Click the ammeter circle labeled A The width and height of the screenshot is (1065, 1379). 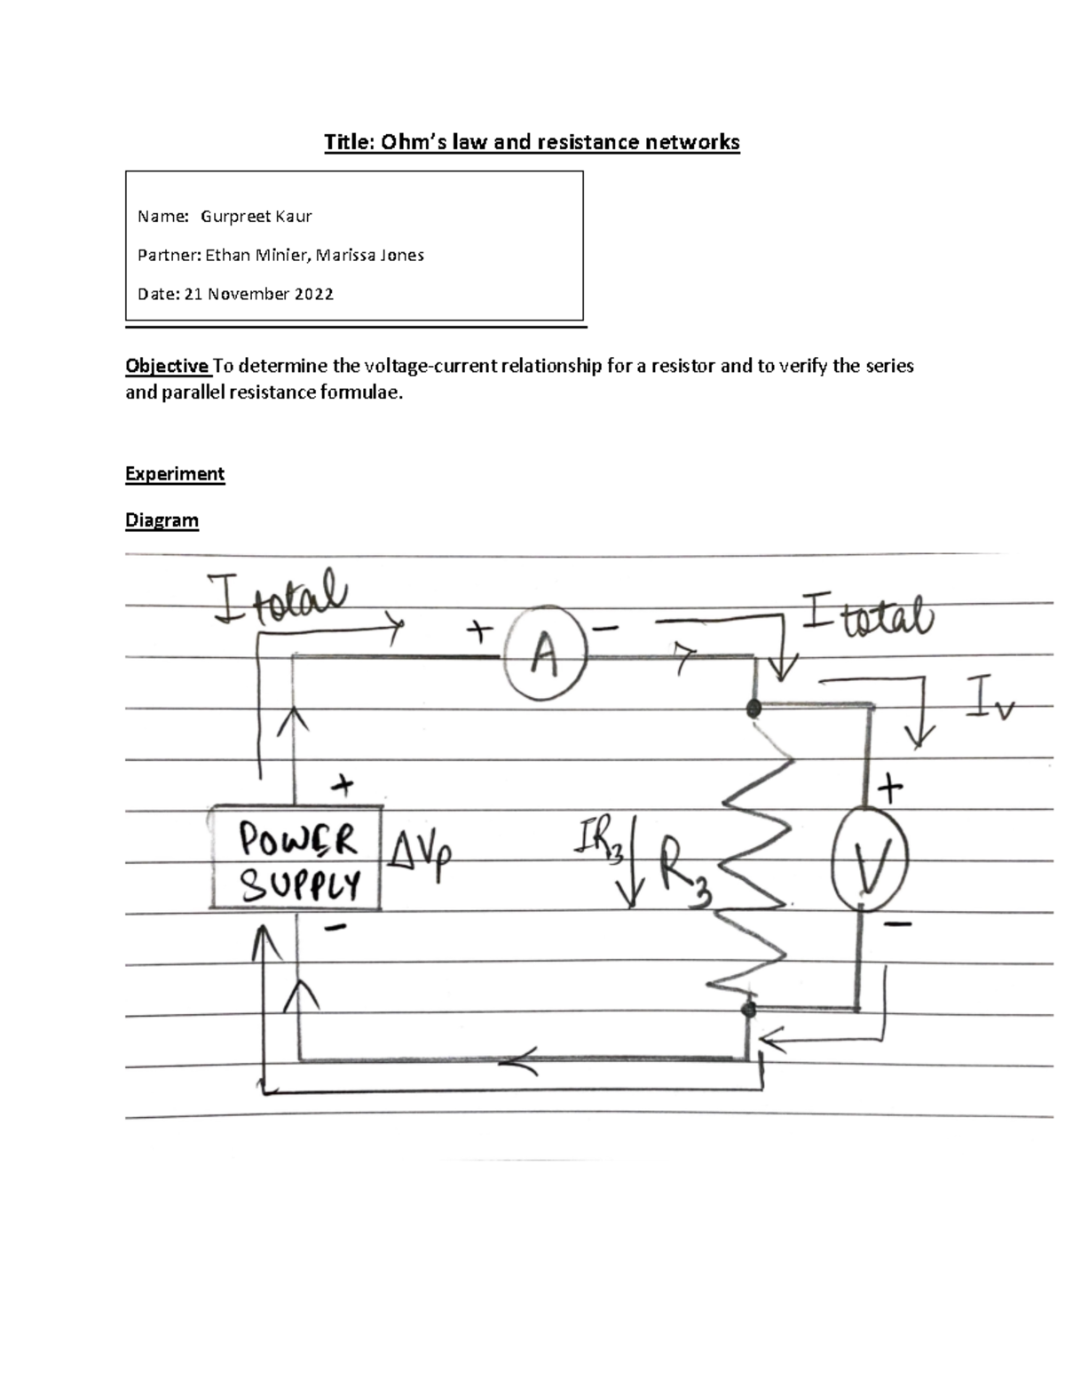[545, 657]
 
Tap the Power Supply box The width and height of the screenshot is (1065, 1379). [296, 858]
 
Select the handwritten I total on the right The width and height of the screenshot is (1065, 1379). [867, 614]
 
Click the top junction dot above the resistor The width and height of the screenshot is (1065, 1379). [754, 709]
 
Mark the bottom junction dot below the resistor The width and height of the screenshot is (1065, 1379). [748, 1010]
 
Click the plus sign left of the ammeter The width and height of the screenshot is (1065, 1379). [479, 631]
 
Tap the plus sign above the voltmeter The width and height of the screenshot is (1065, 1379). [889, 788]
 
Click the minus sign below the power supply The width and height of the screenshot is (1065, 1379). [335, 929]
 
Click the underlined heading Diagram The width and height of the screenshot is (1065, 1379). [162, 520]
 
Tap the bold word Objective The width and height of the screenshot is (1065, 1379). [167, 366]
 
